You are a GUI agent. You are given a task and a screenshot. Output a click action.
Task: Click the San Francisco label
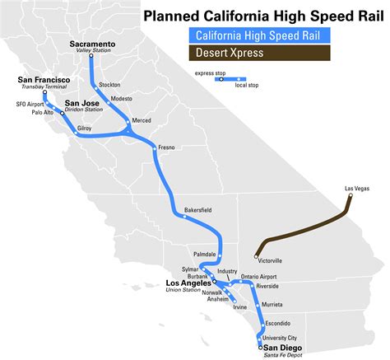coord(44,80)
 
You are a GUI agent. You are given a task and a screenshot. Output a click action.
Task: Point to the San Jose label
coord(82,103)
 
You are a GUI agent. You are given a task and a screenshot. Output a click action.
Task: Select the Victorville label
coord(266,260)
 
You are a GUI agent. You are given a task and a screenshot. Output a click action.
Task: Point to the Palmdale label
coord(204,254)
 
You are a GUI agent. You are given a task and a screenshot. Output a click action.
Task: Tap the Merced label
coord(142,121)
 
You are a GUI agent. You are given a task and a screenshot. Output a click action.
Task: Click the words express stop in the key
coord(210,74)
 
